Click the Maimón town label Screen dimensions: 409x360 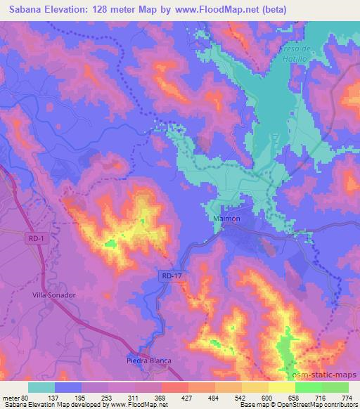coord(226,219)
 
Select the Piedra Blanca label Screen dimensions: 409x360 coord(148,361)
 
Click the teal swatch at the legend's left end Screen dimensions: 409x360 coord(41,387)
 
